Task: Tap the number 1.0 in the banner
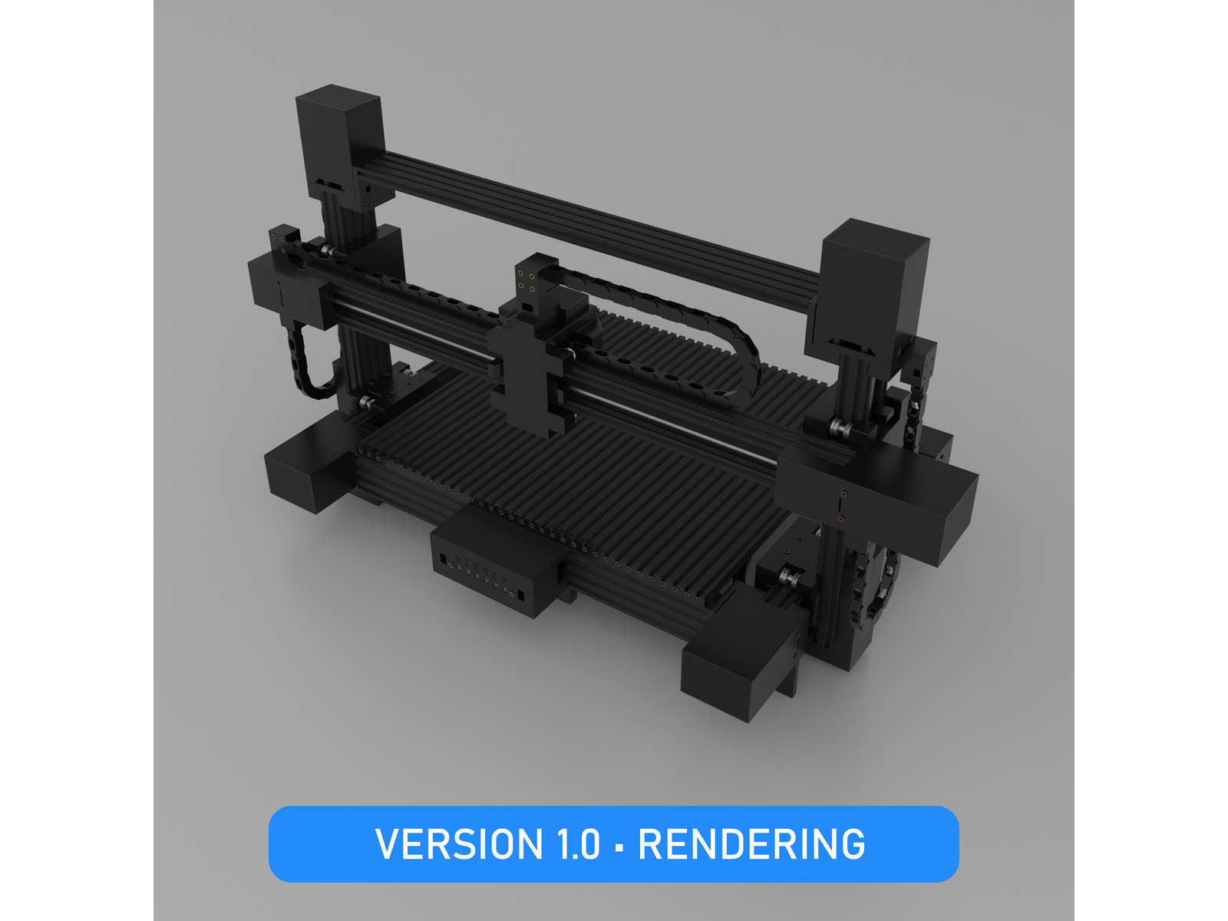click(x=579, y=844)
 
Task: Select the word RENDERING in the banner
click(x=751, y=844)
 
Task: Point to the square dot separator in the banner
click(x=619, y=847)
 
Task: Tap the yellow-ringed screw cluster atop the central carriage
click(x=527, y=280)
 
